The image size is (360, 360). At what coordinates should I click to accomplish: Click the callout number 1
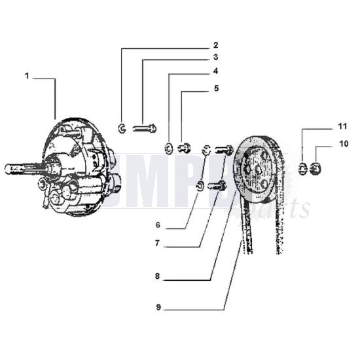pyautogui.click(x=27, y=77)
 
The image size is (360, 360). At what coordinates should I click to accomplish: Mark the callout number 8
pyautogui.click(x=158, y=277)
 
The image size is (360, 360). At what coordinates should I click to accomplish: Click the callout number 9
pyautogui.click(x=158, y=305)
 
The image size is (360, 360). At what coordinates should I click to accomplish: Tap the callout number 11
pyautogui.click(x=325, y=124)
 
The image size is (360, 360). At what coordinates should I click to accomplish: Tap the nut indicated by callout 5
pyautogui.click(x=185, y=147)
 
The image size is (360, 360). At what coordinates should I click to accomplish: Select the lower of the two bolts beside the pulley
pyautogui.click(x=217, y=186)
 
